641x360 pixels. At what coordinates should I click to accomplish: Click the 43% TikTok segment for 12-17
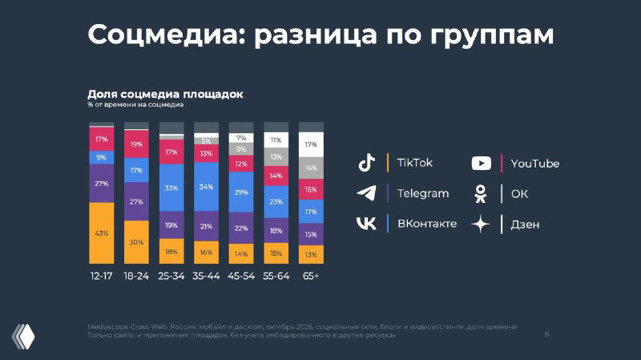tap(101, 233)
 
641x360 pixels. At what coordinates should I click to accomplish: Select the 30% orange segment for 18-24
tap(136, 242)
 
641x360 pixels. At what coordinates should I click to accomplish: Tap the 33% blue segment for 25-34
tap(171, 188)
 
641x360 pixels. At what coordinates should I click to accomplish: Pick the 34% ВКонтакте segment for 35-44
tap(206, 188)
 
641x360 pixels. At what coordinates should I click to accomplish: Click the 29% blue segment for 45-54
tap(241, 192)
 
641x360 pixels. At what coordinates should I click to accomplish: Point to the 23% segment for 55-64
tap(276, 202)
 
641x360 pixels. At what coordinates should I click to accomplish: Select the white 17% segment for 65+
tap(311, 144)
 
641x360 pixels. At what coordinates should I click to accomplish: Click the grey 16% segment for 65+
tap(311, 168)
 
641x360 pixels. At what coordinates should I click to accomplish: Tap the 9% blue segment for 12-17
tap(101, 157)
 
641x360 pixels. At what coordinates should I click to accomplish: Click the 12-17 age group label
tap(101, 277)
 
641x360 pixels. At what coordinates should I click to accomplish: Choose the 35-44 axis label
tap(206, 277)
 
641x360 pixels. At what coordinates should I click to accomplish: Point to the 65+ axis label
tap(311, 277)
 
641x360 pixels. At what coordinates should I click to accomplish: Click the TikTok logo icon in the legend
tap(366, 163)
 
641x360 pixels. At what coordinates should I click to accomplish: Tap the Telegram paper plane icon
tap(366, 193)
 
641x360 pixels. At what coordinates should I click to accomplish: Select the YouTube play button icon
tap(481, 164)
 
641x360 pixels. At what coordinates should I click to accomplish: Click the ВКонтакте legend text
tap(426, 224)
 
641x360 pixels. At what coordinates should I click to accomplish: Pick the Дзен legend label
tap(525, 224)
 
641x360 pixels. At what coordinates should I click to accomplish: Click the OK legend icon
tap(481, 193)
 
